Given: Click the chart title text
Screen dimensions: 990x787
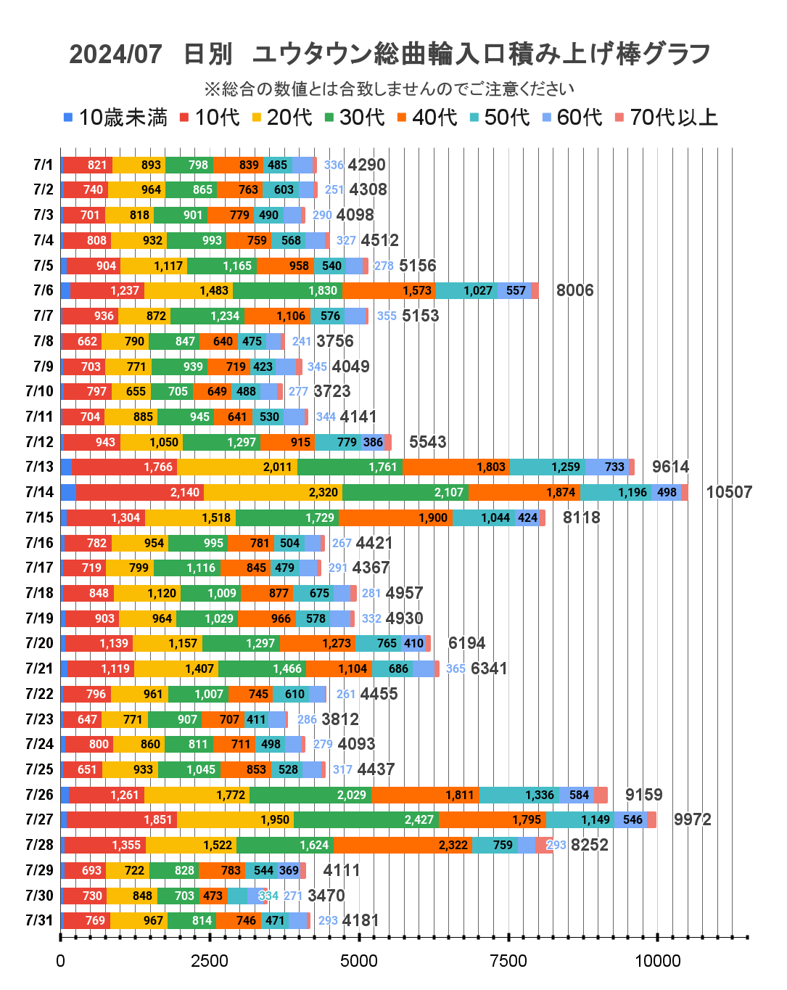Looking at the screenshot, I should point(390,54).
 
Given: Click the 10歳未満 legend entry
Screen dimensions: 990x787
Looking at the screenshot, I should point(116,118).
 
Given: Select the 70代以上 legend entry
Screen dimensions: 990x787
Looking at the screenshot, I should point(667,118).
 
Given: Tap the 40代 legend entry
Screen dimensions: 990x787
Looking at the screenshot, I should point(427,118).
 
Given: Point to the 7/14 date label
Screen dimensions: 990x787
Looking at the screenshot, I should point(39,492).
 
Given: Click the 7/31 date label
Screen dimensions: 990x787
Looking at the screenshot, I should point(39,920).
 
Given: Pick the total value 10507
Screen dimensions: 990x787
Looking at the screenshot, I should point(728,492).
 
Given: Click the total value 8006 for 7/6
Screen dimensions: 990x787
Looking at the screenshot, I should point(574,290).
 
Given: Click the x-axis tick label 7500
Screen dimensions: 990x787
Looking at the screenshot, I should point(508,961).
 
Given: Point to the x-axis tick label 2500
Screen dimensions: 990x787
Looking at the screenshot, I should point(210,961).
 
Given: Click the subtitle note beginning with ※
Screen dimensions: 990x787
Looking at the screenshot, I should point(390,89).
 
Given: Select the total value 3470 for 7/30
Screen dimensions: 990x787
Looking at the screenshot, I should point(326,896).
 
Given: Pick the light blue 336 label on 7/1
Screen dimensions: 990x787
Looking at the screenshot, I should point(334,165).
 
